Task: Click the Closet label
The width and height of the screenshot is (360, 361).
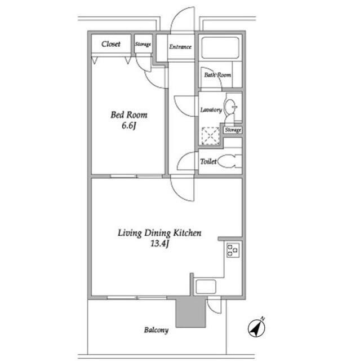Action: click(x=111, y=44)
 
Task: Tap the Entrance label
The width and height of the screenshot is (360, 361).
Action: click(x=180, y=47)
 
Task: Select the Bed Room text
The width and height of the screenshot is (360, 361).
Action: click(x=129, y=115)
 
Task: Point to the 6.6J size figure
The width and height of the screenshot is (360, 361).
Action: click(x=129, y=126)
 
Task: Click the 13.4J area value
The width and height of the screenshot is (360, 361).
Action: click(x=160, y=244)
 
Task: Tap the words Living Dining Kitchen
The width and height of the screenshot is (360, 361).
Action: click(x=159, y=233)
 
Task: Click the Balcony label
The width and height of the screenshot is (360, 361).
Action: click(x=156, y=330)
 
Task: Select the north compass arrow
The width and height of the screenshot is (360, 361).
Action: click(x=257, y=328)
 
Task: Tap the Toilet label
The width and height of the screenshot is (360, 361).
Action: click(x=208, y=161)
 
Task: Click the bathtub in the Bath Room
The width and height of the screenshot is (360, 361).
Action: click(x=220, y=47)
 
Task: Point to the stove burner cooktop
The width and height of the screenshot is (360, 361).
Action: click(x=233, y=250)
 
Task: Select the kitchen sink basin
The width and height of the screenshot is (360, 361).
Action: click(x=206, y=287)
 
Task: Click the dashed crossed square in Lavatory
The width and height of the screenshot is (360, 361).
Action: click(x=211, y=136)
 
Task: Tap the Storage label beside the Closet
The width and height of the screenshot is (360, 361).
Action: click(x=143, y=44)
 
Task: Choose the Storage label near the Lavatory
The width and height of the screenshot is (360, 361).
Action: click(x=233, y=130)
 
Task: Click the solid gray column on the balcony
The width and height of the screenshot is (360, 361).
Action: click(x=190, y=313)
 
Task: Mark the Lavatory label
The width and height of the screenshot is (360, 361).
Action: click(x=211, y=110)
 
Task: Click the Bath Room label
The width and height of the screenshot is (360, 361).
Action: click(x=217, y=75)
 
